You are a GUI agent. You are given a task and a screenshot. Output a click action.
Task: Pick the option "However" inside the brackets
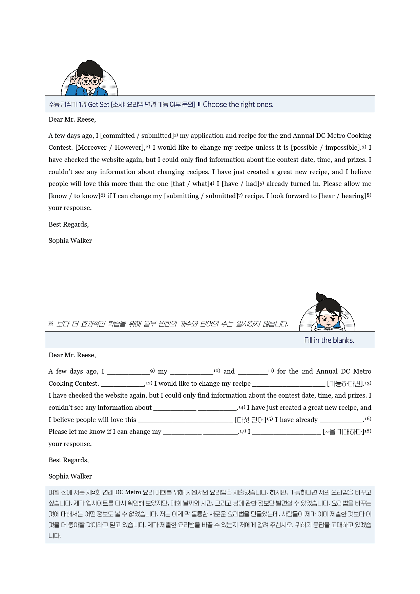pyautogui.click(x=128, y=148)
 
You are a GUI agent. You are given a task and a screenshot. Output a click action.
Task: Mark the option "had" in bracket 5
pyautogui.click(x=252, y=184)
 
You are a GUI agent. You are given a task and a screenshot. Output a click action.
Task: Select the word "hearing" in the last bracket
pyautogui.click(x=354, y=196)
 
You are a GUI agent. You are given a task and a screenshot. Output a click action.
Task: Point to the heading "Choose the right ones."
pyautogui.click(x=238, y=105)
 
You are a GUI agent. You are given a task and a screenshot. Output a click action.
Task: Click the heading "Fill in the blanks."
pyautogui.click(x=329, y=340)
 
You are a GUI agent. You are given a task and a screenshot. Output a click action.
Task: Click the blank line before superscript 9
pyautogui.click(x=128, y=372)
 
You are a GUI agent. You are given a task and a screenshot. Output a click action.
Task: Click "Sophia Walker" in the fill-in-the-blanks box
pyautogui.click(x=70, y=476)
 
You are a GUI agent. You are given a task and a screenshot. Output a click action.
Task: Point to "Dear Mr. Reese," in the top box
pyautogui.click(x=72, y=120)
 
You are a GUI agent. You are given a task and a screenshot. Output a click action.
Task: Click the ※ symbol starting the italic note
pyautogui.click(x=51, y=324)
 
